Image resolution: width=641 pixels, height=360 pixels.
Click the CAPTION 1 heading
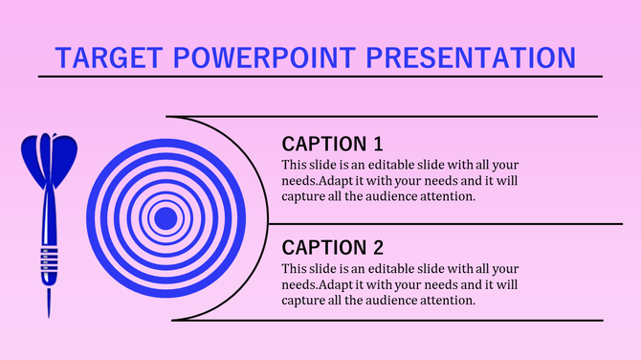pyautogui.click(x=332, y=145)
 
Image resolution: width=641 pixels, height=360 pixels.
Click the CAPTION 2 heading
pyautogui.click(x=332, y=248)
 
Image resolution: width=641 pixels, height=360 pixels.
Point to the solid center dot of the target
pyautogui.click(x=166, y=218)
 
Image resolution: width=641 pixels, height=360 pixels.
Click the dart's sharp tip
pyautogui.click(x=48, y=311)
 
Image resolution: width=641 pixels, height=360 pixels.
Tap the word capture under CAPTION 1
pyautogui.click(x=303, y=196)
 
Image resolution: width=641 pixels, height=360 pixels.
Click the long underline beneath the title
pyautogui.click(x=320, y=76)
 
